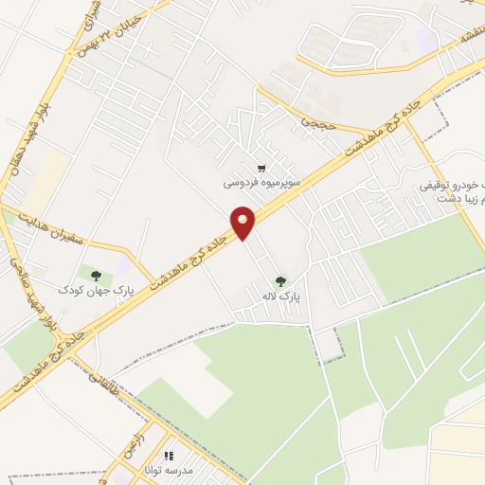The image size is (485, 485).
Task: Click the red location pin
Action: click(243, 222)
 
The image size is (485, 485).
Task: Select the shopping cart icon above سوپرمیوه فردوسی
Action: click(261, 167)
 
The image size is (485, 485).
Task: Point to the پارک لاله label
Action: click(281, 296)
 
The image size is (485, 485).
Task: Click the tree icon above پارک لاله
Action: click(280, 280)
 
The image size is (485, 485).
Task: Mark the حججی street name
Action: click(313, 124)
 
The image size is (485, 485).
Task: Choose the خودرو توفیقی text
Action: click(451, 188)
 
